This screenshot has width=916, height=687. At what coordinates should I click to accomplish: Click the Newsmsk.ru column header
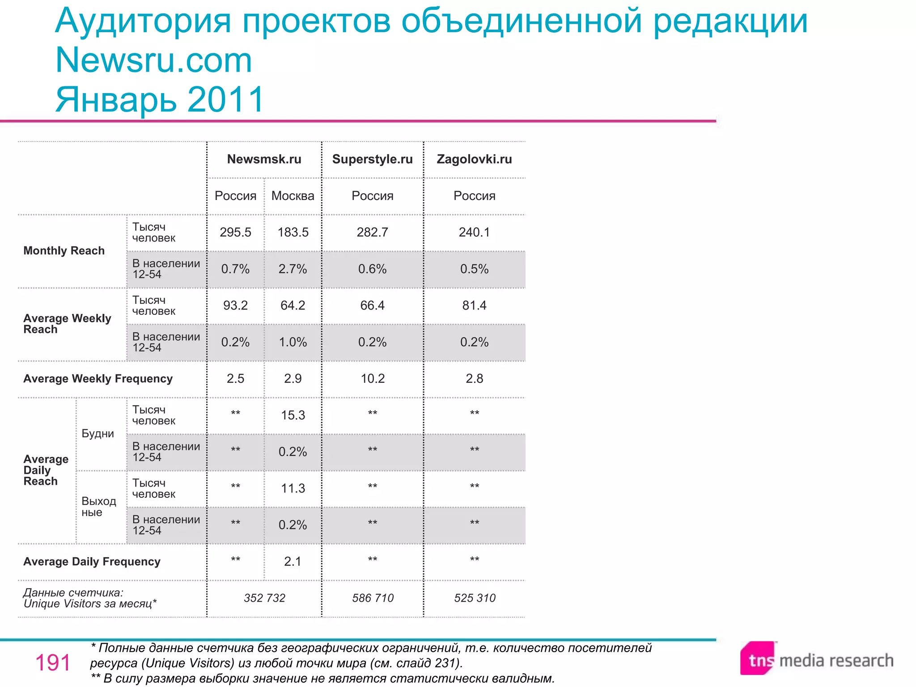click(264, 159)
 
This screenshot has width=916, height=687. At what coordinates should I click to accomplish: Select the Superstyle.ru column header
click(372, 159)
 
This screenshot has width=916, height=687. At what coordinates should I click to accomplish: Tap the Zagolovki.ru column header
click(474, 159)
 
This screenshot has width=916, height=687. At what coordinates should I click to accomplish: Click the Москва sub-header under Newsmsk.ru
click(293, 196)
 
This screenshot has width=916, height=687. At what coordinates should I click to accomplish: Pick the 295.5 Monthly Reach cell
click(235, 233)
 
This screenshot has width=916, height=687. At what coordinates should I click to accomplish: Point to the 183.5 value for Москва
click(293, 233)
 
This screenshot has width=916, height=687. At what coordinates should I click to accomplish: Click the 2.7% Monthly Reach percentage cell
click(293, 269)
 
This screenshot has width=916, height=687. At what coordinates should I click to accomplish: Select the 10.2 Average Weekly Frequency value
click(373, 379)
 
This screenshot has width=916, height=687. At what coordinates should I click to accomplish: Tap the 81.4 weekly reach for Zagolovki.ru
click(474, 305)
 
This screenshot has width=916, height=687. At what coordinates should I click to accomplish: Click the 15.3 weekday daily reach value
click(293, 416)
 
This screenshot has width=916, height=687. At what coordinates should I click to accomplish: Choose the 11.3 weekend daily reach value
click(293, 488)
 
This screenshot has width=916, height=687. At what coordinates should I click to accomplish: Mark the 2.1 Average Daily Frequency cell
click(293, 562)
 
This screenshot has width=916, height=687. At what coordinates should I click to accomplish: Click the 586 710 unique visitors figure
click(373, 598)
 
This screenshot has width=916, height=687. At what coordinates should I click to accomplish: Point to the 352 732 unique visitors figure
click(264, 598)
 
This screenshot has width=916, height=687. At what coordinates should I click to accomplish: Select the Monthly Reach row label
click(64, 251)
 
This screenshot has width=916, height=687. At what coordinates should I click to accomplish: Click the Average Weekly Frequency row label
click(98, 379)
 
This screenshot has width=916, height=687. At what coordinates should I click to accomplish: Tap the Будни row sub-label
click(98, 434)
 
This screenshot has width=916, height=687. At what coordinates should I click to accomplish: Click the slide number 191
click(53, 663)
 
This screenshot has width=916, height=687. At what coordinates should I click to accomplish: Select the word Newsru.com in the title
click(154, 60)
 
